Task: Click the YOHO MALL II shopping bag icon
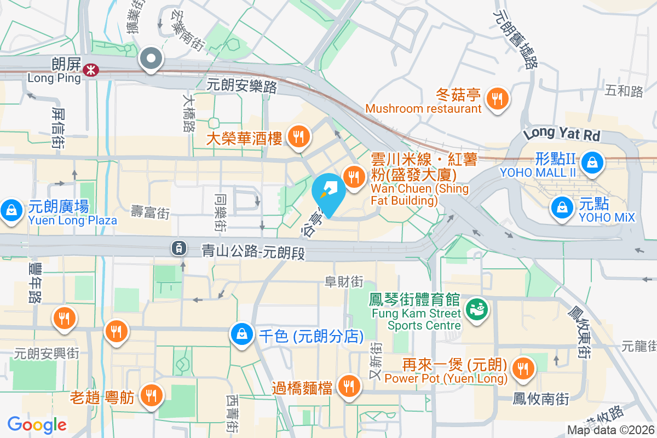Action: pos(591,161)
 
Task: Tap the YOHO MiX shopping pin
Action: pos(562,207)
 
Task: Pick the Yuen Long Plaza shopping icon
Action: pos(10,210)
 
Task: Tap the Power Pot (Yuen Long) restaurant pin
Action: pos(524,368)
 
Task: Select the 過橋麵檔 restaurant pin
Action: pos(347,387)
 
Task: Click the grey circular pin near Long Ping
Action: pos(151,58)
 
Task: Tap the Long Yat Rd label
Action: pos(562,134)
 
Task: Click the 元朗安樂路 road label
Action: pos(241,86)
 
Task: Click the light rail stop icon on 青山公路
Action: pos(178,248)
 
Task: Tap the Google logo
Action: pos(37,424)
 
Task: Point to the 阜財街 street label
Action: pos(344,282)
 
